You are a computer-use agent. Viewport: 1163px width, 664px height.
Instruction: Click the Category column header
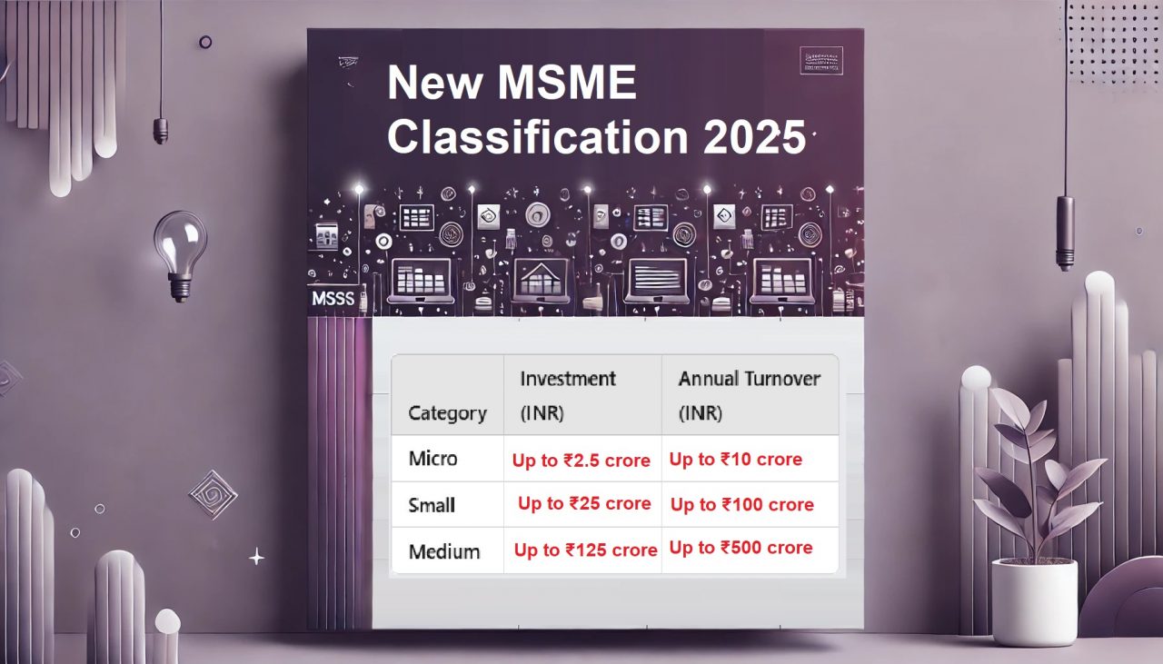[x=447, y=413]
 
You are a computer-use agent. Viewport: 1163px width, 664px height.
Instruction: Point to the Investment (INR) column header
[x=567, y=395]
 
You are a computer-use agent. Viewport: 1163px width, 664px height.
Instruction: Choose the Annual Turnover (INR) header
[x=749, y=395]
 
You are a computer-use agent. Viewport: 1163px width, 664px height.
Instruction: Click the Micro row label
[x=432, y=459]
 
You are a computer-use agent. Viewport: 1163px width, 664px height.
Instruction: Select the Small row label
[x=432, y=505]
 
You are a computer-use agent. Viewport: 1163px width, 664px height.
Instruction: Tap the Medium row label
[x=444, y=551]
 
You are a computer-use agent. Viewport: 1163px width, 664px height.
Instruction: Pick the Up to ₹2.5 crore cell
[x=581, y=461]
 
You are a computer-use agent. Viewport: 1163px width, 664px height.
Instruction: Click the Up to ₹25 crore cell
[x=584, y=504]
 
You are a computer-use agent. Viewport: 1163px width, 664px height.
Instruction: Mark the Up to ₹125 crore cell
[x=585, y=550]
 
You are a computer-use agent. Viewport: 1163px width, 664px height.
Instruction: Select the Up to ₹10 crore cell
[x=736, y=460]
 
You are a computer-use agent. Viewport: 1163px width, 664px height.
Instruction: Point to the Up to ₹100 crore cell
[x=741, y=505]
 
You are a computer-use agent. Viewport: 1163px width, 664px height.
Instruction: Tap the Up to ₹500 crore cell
[x=741, y=548]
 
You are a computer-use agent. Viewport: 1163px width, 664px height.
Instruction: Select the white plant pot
[x=1034, y=600]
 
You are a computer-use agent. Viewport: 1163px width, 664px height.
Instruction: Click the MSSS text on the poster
[x=332, y=299]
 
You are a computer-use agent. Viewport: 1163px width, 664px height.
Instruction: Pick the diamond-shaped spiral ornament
[x=213, y=494]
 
